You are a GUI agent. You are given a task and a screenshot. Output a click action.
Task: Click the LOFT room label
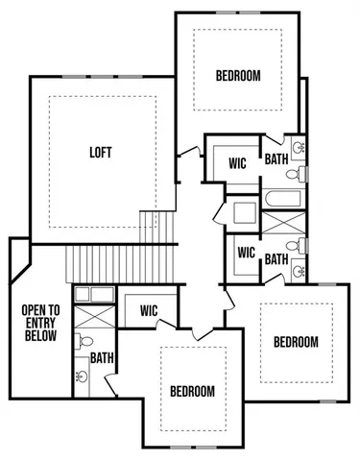pos(100,153)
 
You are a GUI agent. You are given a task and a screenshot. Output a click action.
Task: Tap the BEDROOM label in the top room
pos(237,76)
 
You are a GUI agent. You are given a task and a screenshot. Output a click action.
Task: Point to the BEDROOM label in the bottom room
pos(192,391)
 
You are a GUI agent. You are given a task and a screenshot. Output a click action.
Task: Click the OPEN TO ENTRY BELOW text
pos(40,324)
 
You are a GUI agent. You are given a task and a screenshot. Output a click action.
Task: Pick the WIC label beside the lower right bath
pos(246,254)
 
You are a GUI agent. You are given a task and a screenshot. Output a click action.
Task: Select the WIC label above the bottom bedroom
pos(149,310)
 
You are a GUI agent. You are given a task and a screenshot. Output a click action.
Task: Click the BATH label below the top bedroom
pos(276,159)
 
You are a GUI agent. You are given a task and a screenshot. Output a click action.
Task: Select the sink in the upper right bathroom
pos(299,149)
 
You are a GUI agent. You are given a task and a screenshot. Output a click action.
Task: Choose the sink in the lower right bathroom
pos(299,271)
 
